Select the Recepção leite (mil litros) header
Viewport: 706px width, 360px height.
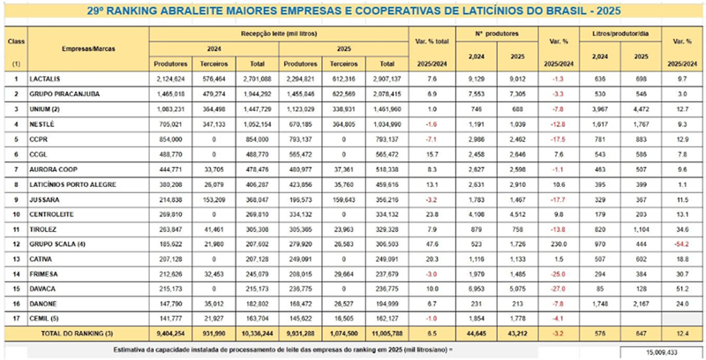(x=279, y=33)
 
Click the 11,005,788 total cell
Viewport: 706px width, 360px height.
(x=388, y=333)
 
